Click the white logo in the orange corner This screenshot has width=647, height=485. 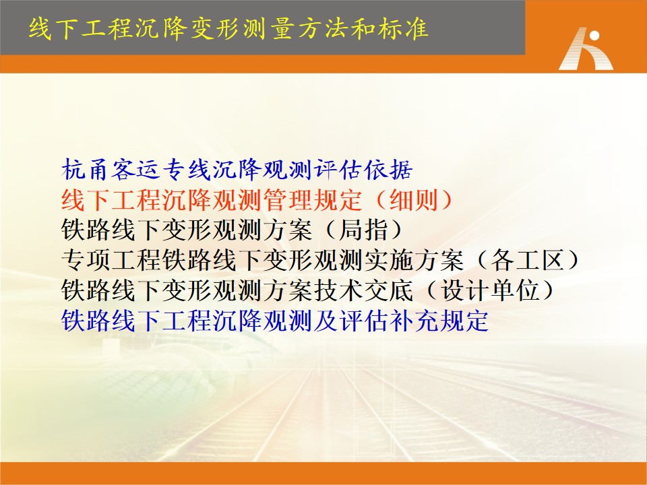point(586,48)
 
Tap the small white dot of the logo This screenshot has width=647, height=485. point(594,36)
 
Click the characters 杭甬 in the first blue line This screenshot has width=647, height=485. point(85,170)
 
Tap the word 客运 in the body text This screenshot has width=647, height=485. point(135,170)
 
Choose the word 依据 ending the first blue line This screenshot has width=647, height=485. point(388,170)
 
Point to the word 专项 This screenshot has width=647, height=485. point(85,260)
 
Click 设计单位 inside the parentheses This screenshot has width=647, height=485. point(490,290)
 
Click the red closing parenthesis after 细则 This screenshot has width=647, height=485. point(445,199)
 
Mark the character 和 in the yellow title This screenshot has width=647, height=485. point(363,29)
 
